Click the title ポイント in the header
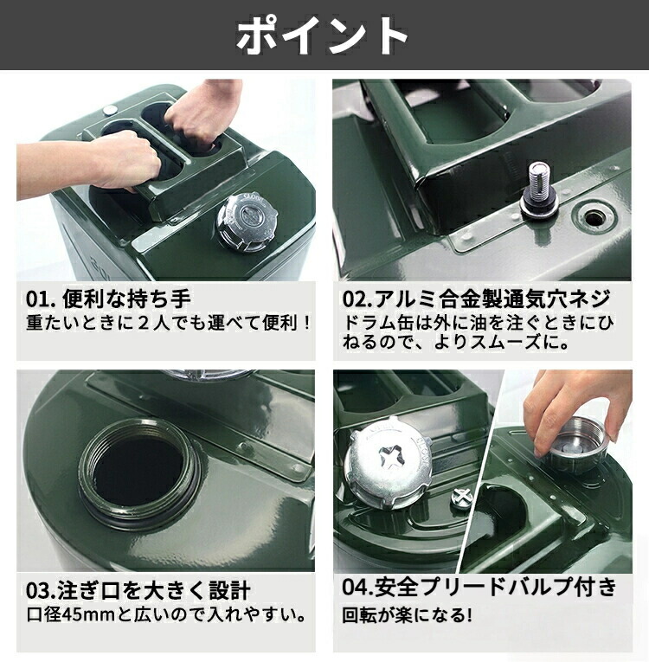tap(322, 35)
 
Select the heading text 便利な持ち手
tap(126, 299)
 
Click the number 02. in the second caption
tap(357, 299)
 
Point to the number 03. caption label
tap(41, 590)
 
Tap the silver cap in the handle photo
tap(246, 222)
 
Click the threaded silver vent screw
tap(538, 189)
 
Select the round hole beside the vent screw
tap(595, 218)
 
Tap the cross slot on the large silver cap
tap(390, 459)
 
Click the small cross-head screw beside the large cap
tap(461, 497)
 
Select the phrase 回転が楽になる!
tap(407, 614)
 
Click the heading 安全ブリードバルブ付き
tap(496, 588)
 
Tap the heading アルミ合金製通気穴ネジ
tap(492, 299)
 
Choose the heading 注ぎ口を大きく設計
tap(155, 590)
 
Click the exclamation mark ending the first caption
tap(307, 323)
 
